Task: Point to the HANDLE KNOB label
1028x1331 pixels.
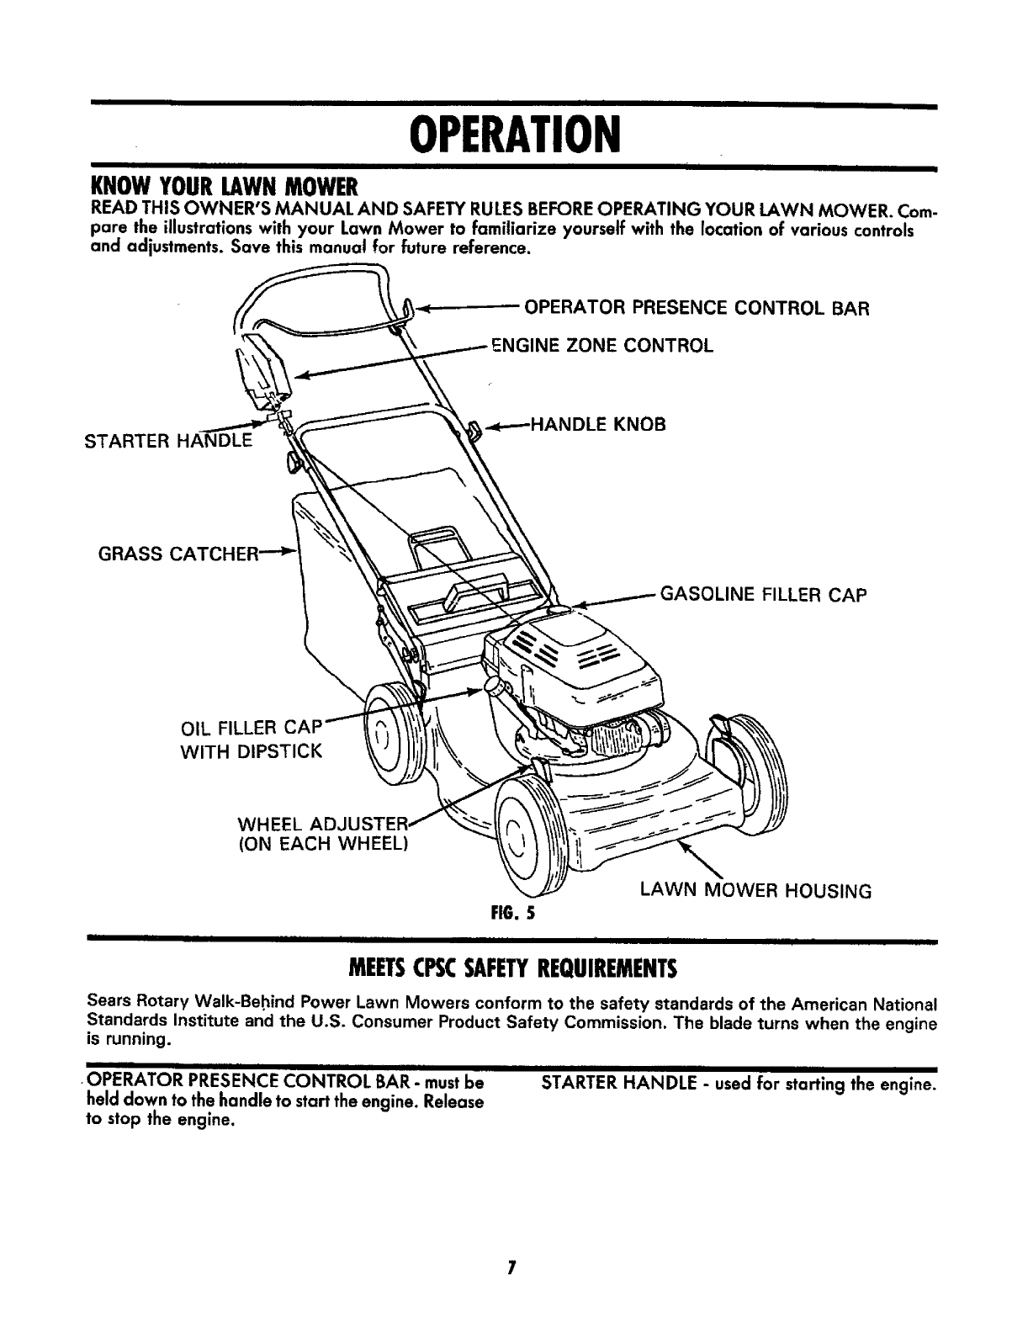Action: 597,425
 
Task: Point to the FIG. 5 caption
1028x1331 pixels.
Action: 515,912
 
